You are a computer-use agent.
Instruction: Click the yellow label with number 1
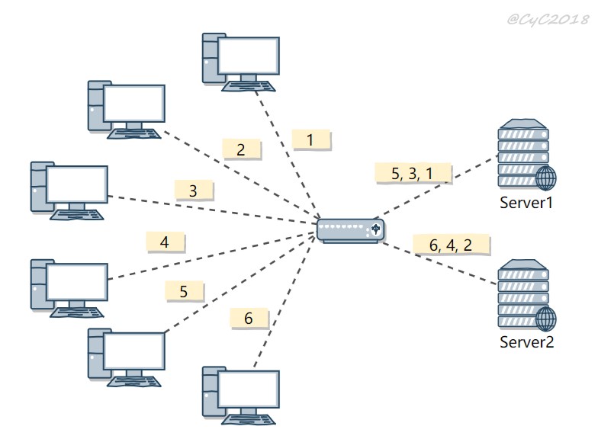coord(311,139)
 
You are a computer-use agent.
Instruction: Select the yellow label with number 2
coord(242,149)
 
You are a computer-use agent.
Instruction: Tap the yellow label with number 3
coord(194,191)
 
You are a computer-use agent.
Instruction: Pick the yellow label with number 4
coord(165,242)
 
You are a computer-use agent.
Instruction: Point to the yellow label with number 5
coord(185,291)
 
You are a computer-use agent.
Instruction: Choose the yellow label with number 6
coord(249,318)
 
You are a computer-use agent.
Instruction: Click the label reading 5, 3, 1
coord(413,174)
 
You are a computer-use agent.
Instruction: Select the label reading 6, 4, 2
coord(452,245)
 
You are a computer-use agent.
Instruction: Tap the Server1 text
coord(526,203)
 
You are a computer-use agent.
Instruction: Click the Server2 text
coord(526,341)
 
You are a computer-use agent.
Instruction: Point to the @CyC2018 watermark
coord(548,19)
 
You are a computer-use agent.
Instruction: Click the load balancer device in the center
coord(351,230)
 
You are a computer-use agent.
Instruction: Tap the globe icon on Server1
coord(546,178)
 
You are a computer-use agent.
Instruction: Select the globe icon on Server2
coord(546,319)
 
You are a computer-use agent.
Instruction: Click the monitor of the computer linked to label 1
coord(249,56)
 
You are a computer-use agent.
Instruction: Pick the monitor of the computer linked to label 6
coord(249,389)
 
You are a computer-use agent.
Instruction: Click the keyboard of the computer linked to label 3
coord(76,215)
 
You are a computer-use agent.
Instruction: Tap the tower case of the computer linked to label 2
coord(97,105)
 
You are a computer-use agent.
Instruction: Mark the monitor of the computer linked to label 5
coord(134,351)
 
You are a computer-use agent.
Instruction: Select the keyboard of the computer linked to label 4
coord(76,312)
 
